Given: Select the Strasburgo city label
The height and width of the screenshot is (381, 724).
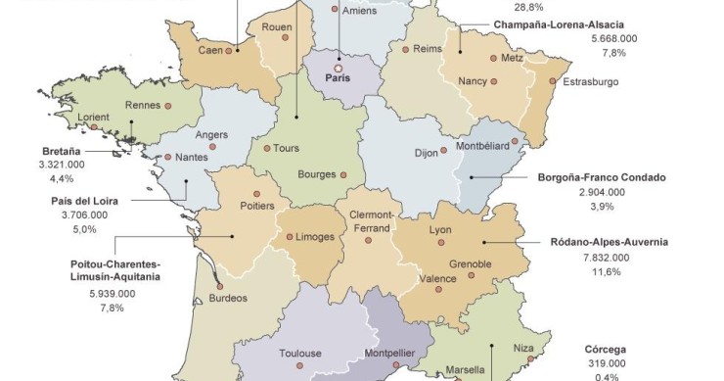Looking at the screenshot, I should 590,81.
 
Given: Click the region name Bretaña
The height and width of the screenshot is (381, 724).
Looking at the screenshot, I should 62,151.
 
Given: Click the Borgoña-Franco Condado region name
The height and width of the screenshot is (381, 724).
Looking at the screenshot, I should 602,178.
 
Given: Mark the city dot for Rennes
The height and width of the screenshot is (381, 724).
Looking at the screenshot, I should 168,105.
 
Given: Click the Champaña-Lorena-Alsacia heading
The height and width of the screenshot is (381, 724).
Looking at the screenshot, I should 559,24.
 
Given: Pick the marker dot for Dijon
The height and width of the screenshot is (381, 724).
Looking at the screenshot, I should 447,153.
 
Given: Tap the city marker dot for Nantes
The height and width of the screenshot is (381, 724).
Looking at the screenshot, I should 168,157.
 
